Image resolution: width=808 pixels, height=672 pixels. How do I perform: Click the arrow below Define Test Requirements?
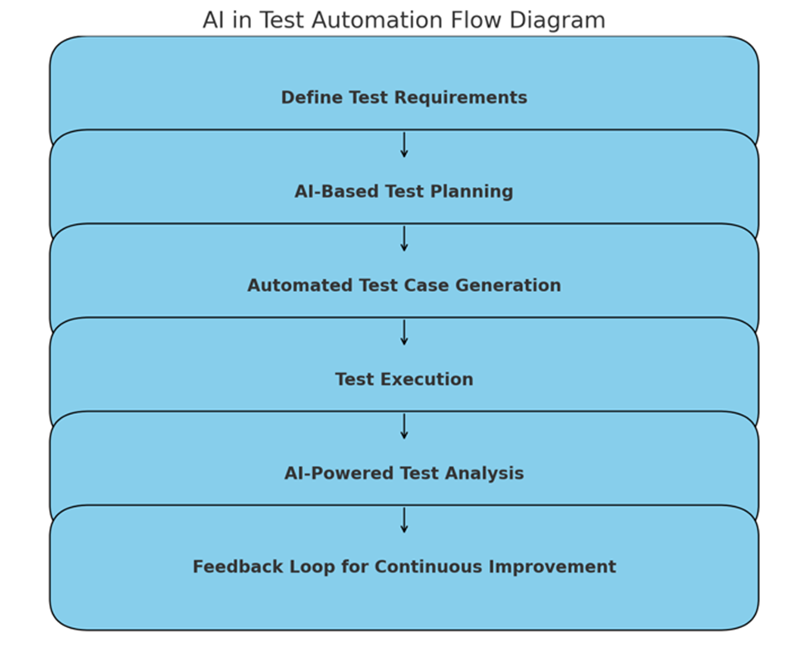pos(404,145)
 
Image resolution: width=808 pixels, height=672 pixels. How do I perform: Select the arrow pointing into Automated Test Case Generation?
pos(404,239)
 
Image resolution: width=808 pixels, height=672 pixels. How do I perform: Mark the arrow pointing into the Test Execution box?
pos(404,333)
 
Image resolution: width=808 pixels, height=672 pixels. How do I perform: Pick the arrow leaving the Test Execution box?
pos(404,426)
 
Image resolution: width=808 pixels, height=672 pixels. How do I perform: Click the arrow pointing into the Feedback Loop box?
pos(404,520)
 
